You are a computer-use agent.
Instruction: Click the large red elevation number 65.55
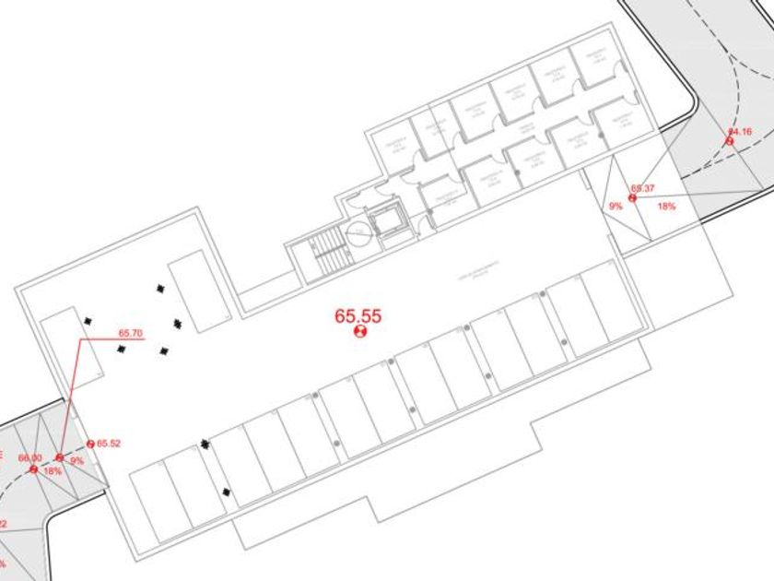(x=358, y=316)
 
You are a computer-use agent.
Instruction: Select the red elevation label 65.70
(x=131, y=333)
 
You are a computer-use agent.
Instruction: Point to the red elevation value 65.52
(x=109, y=444)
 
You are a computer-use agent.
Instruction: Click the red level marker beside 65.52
(x=90, y=445)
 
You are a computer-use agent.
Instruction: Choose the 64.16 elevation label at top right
(x=740, y=132)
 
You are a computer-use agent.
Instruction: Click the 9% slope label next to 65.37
(x=616, y=207)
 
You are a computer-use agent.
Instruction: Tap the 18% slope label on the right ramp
(x=666, y=207)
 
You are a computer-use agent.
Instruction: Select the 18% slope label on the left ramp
(x=53, y=471)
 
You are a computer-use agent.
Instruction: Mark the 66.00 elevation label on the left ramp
(x=30, y=457)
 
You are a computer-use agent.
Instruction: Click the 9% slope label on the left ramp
(x=76, y=460)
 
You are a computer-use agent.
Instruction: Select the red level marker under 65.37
(x=633, y=197)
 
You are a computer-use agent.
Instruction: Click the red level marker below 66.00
(x=33, y=468)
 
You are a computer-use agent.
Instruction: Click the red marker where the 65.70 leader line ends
(x=59, y=457)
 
